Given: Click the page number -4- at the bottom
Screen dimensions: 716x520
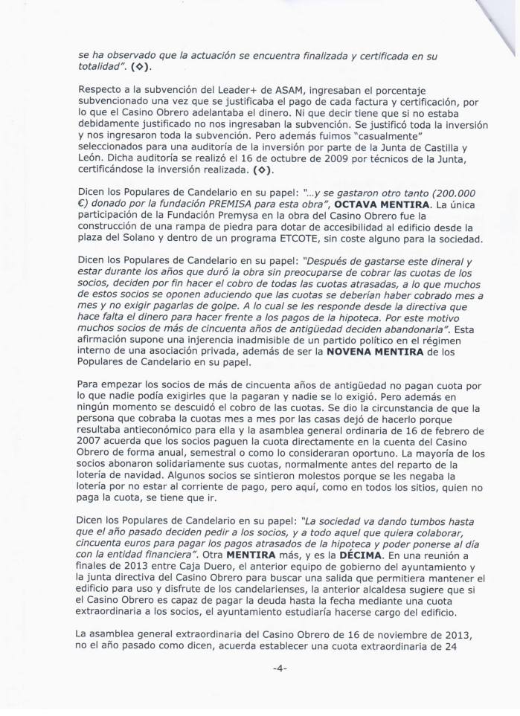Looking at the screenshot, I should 260,689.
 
